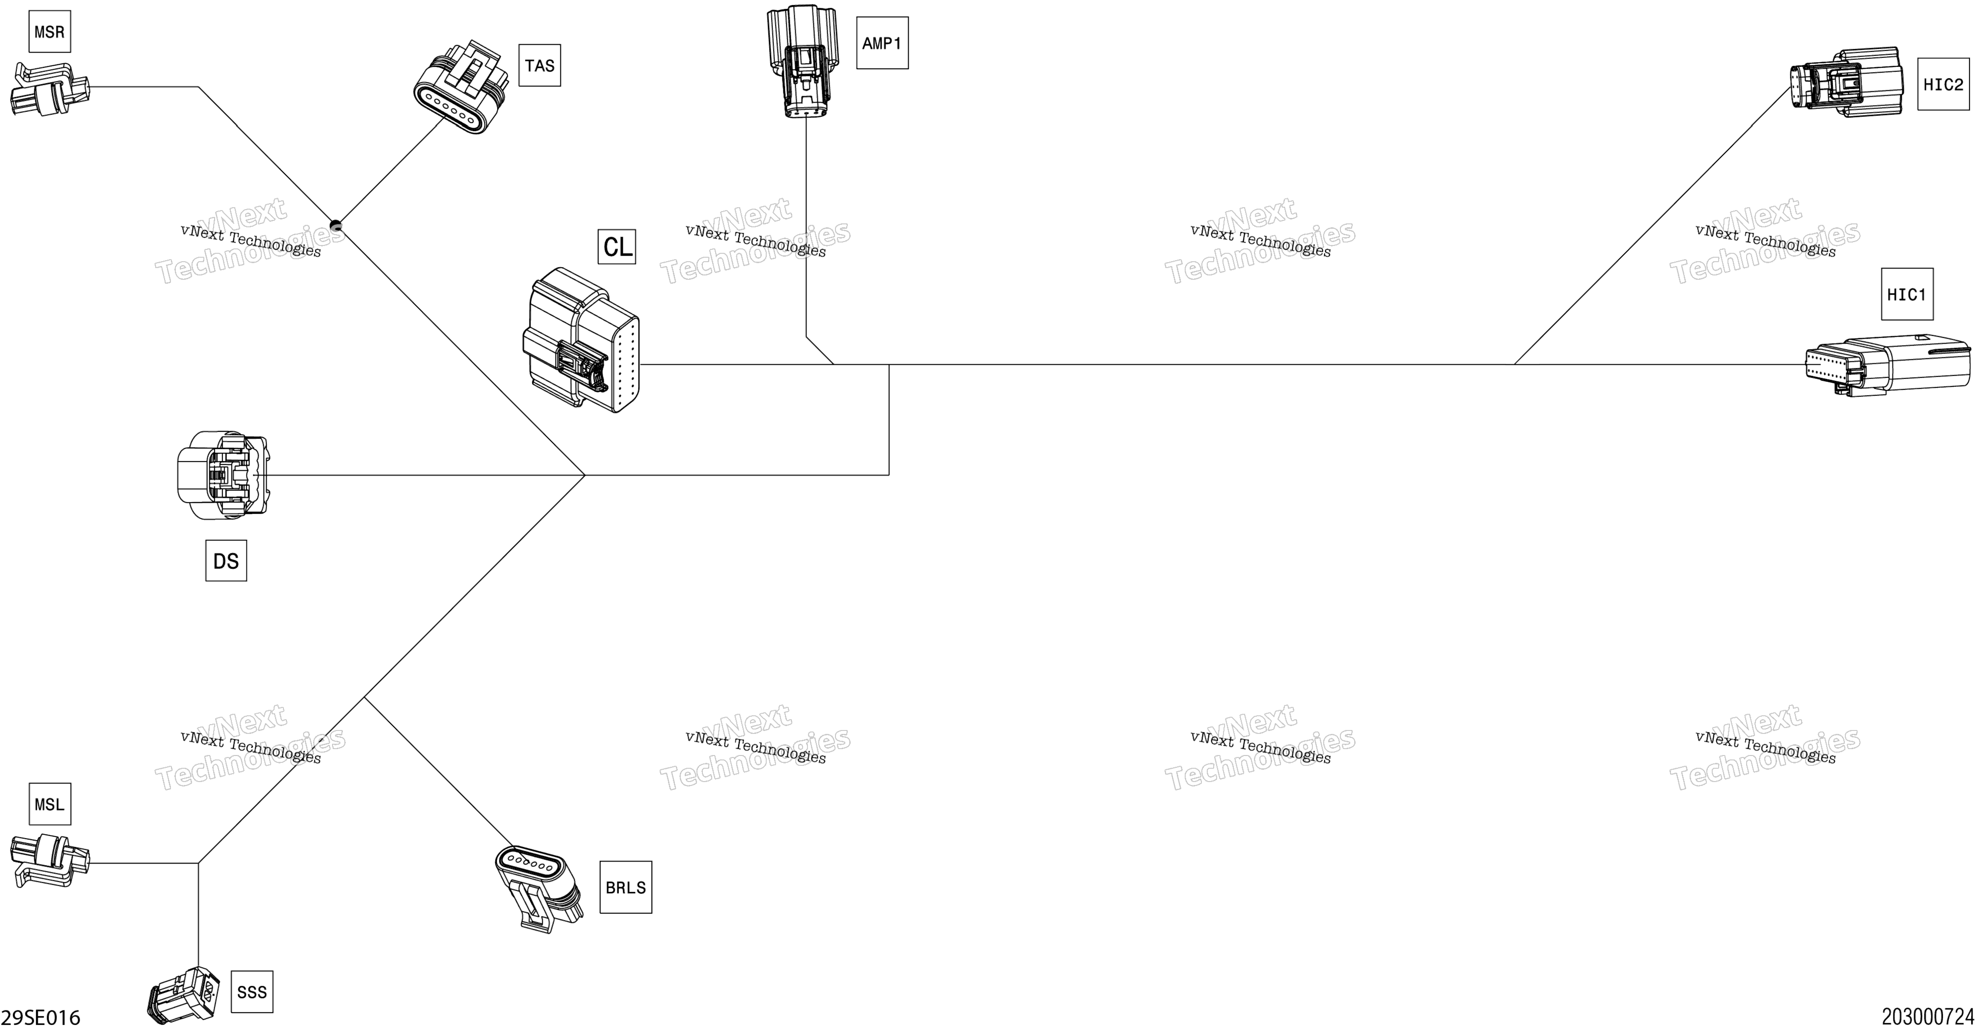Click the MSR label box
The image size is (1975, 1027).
coord(50,31)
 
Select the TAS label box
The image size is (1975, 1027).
coord(540,65)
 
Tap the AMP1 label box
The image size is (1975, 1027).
coord(883,43)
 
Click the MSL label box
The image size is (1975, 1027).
coord(50,804)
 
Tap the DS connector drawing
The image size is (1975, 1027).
coord(223,475)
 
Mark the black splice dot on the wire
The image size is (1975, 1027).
coord(335,225)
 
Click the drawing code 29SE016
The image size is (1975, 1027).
coord(41,1017)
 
